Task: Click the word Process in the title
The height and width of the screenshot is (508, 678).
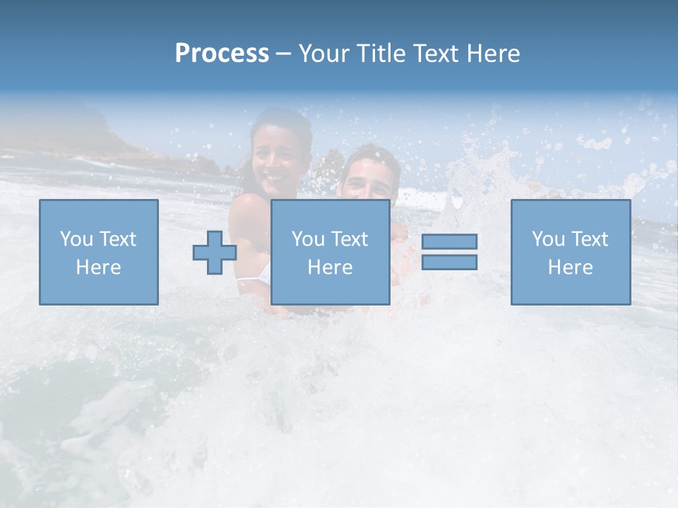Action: coord(222,54)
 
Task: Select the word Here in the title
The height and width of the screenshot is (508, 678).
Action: coord(493,54)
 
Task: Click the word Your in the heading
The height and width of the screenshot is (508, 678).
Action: coord(324,54)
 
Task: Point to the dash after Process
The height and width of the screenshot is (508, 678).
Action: coord(284,54)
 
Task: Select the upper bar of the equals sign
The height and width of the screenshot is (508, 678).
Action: coord(449,241)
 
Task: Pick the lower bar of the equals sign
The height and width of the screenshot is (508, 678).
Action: coord(449,262)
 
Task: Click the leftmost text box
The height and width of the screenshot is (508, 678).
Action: coord(99,253)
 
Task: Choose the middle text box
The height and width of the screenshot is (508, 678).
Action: coord(330,253)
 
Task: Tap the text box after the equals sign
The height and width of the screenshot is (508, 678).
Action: coord(571,253)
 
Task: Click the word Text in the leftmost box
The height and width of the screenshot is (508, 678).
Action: coord(117,238)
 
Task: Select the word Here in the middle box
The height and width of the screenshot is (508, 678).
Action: coord(330,267)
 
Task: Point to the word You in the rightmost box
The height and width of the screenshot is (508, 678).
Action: coord(548,238)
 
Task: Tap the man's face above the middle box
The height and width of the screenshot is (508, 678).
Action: coord(368,181)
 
